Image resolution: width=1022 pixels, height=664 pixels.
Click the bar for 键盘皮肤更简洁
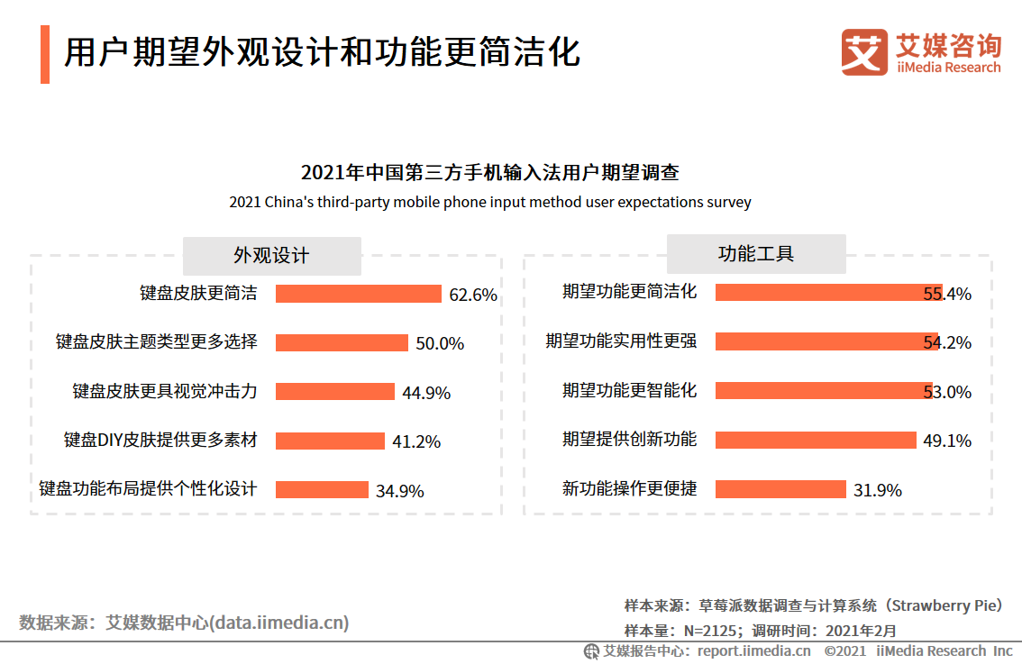tap(358, 294)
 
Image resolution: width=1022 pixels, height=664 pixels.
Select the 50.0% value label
tap(440, 343)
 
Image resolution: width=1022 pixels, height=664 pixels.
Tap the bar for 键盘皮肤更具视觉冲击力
tap(334, 391)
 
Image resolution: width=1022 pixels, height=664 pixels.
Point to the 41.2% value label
tap(416, 441)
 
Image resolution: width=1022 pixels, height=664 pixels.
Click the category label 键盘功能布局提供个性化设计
tap(148, 489)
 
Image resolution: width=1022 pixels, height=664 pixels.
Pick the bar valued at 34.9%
tap(322, 489)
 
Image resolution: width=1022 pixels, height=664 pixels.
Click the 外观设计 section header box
tap(271, 256)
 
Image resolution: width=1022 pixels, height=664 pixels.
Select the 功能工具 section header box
tap(756, 254)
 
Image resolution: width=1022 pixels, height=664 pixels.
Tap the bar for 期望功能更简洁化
tap(828, 293)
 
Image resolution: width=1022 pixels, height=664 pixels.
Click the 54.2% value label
tap(947, 343)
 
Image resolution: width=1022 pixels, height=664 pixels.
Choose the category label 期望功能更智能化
tap(629, 391)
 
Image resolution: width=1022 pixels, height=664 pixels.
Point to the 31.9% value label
tap(878, 490)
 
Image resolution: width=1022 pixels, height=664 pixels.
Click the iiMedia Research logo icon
tap(863, 52)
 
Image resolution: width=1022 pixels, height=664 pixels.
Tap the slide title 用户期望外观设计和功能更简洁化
tap(321, 53)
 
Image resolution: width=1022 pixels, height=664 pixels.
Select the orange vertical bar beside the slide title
tap(45, 54)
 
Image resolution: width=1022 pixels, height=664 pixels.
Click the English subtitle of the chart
tap(489, 202)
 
